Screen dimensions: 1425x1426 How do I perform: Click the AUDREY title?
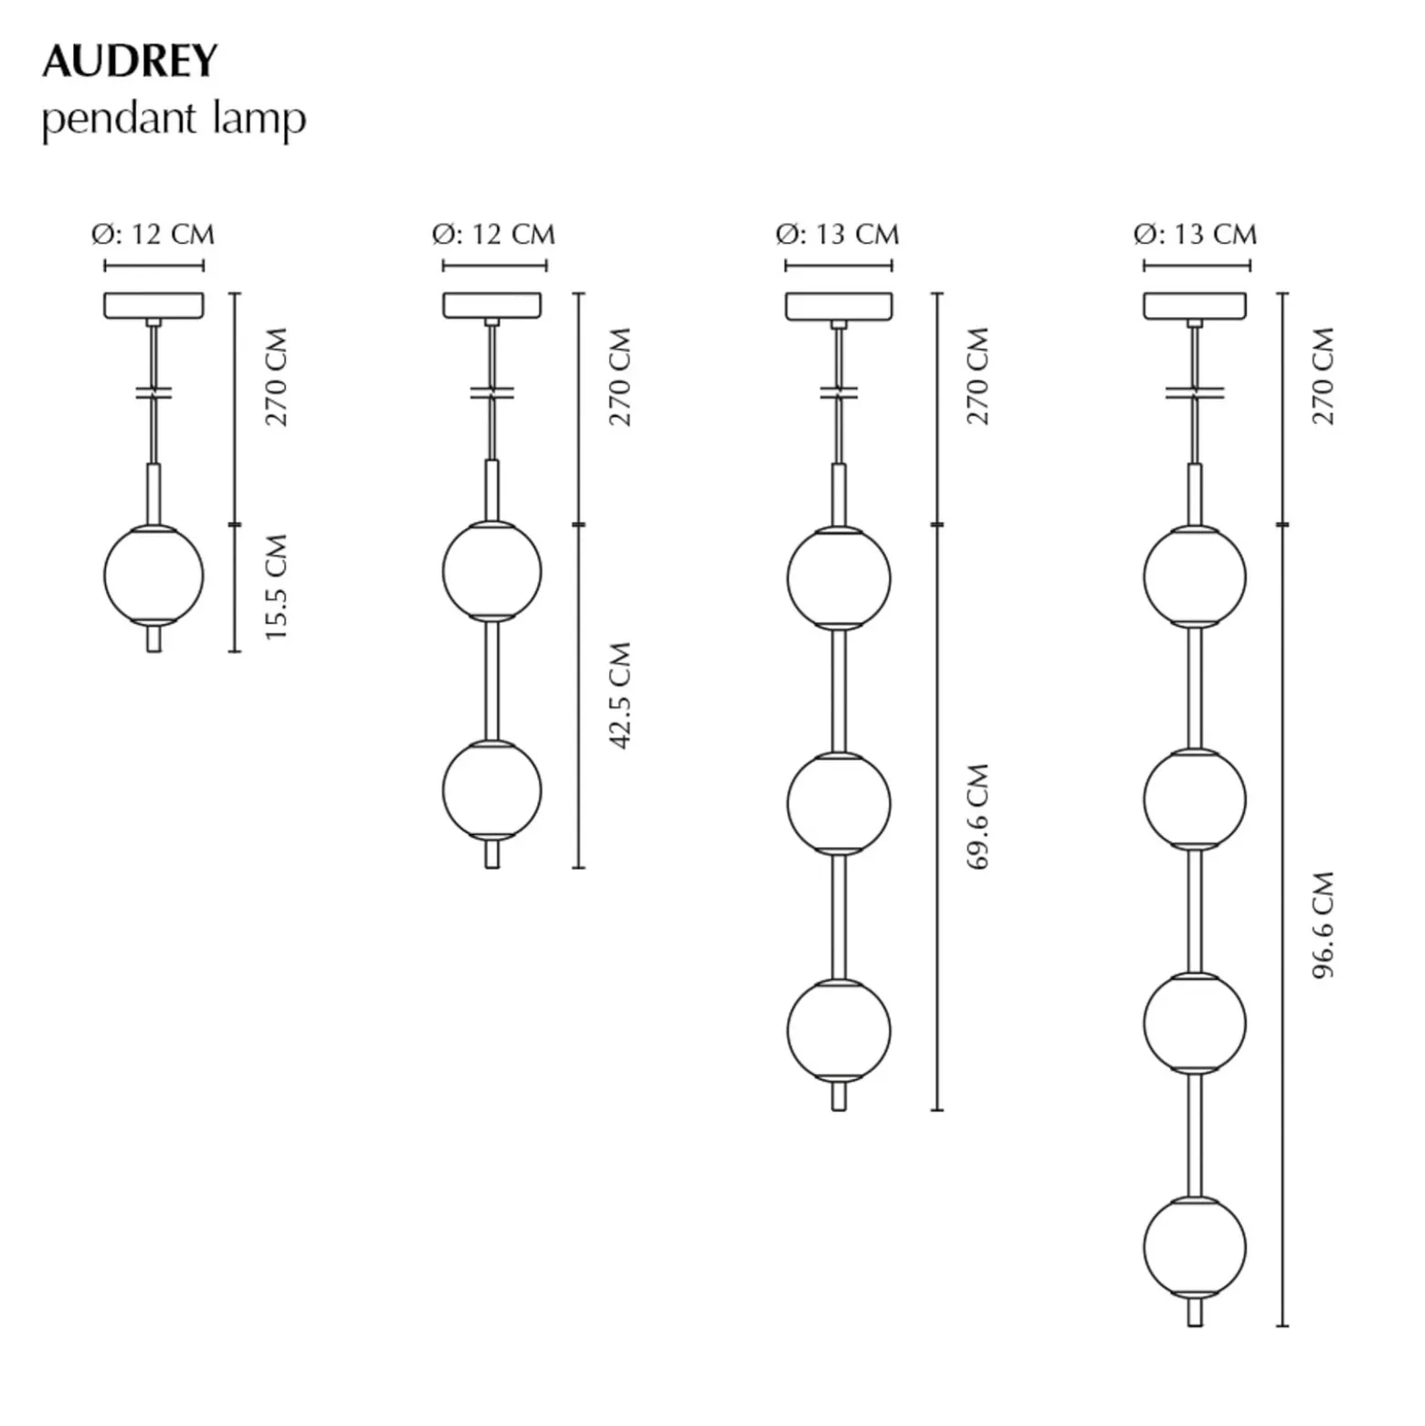click(130, 61)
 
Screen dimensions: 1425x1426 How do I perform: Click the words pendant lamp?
click(174, 121)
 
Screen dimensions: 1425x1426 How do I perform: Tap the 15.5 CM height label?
click(276, 587)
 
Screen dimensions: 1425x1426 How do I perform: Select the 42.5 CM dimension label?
click(620, 696)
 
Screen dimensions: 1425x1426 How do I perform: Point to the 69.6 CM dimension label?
click(977, 817)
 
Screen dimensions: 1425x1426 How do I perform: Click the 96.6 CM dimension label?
click(1324, 925)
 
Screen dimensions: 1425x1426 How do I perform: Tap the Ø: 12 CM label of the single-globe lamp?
click(153, 235)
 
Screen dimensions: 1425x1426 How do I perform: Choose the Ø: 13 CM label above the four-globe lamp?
click(1195, 235)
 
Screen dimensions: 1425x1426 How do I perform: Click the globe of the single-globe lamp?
click(153, 576)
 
